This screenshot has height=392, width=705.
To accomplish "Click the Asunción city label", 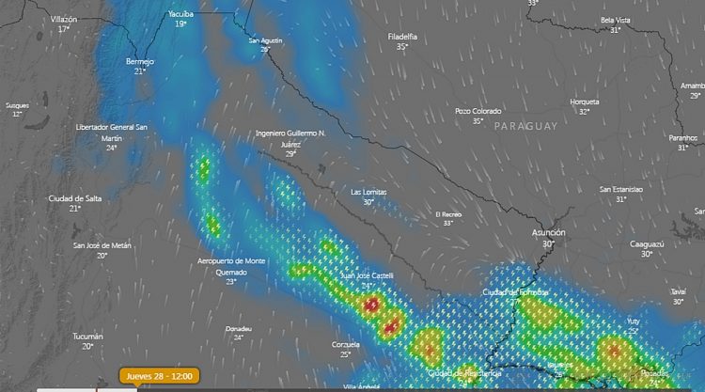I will tap(547, 231).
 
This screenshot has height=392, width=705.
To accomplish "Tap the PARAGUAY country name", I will tap(526, 126).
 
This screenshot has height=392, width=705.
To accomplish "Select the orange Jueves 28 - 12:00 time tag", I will tap(159, 375).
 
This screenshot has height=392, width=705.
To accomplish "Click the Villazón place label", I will tap(64, 19).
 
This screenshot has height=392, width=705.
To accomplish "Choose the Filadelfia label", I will tap(402, 36).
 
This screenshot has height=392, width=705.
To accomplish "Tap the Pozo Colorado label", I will tap(478, 111).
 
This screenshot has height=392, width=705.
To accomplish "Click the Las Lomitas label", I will tap(368, 191).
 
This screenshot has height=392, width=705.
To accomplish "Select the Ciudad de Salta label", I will tap(74, 198).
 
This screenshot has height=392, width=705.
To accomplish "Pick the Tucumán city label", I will tap(87, 336).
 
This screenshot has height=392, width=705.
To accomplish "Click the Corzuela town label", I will tap(346, 345).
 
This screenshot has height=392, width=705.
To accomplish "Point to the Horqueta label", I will tap(584, 101).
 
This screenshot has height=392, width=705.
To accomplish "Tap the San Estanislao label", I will tap(621, 189).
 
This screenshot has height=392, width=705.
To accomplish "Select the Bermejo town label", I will tap(139, 61).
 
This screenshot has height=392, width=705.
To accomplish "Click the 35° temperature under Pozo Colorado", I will tap(478, 121).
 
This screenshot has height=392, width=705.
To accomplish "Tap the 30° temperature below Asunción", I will tap(547, 243).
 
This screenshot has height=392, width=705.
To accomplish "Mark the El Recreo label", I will tap(448, 214).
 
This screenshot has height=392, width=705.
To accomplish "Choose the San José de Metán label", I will tap(102, 245).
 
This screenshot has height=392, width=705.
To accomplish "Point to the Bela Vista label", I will tap(615, 20).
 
